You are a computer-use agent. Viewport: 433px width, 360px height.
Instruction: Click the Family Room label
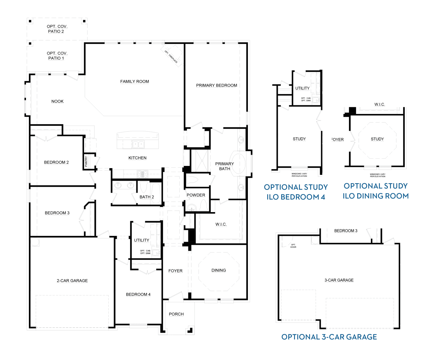point(135,82)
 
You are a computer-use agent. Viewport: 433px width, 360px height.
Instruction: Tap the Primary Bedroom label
point(216,85)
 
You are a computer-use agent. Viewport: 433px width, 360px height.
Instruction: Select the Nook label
point(57,101)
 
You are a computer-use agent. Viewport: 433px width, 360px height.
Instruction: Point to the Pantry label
point(86,161)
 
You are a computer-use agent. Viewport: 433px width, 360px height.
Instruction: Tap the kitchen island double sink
point(138,145)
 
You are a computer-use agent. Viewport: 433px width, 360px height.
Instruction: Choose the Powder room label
point(196,195)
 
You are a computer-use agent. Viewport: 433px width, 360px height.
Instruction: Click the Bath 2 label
point(147,197)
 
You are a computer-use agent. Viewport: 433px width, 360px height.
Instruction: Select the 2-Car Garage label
point(72,281)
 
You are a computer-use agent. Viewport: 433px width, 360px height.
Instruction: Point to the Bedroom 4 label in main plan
point(138,294)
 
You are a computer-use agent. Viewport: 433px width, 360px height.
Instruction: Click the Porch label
point(176,314)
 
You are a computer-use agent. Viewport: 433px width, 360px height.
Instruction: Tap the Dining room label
point(219,270)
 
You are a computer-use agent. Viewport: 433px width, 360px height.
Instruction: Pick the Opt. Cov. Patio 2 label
point(57,29)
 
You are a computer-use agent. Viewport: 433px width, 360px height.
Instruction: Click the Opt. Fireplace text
point(171,57)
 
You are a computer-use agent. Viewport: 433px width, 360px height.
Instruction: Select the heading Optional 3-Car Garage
point(329,337)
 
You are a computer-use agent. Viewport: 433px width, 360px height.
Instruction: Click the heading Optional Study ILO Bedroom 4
point(296,192)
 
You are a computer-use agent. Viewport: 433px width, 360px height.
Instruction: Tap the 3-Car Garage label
point(339,280)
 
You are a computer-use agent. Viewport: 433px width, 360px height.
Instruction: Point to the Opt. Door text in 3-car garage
point(293,246)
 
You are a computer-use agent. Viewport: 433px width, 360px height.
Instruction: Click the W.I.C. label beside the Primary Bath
point(221,224)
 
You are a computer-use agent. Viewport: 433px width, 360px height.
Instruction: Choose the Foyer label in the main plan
point(176,271)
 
